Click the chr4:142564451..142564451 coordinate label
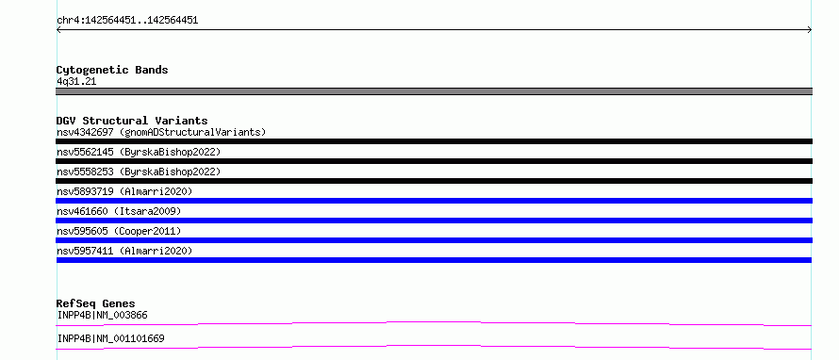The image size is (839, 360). click(x=127, y=21)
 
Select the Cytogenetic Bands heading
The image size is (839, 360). click(x=112, y=70)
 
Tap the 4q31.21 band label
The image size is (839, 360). click(x=76, y=82)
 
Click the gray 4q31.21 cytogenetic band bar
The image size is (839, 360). click(x=434, y=91)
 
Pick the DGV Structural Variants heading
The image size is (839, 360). click(x=132, y=121)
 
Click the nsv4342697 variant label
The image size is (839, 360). click(x=161, y=132)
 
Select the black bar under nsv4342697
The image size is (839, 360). click(x=434, y=141)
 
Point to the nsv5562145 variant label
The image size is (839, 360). click(x=139, y=152)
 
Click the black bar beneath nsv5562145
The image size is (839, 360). click(x=434, y=161)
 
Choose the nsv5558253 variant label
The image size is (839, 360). click(x=139, y=172)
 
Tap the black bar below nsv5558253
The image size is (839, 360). click(x=434, y=181)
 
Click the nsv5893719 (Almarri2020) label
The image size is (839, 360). click(x=124, y=191)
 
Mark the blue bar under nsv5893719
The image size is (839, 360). click(x=434, y=201)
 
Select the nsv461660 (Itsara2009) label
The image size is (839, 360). click(x=119, y=211)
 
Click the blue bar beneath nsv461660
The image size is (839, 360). click(x=434, y=221)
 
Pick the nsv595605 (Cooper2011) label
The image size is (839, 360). click(x=119, y=231)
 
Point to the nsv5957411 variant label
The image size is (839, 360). click(x=124, y=251)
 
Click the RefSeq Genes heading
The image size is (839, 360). click(x=96, y=303)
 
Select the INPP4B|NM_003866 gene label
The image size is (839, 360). click(x=102, y=315)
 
